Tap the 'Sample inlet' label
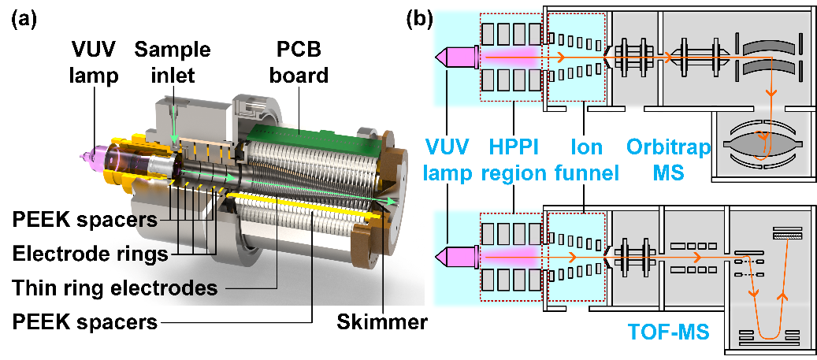click(172, 62)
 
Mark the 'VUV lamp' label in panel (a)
click(77, 62)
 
